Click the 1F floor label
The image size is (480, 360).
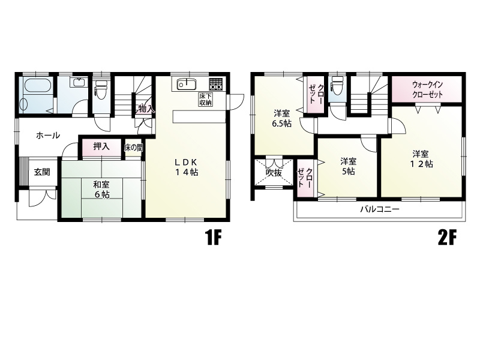click(x=214, y=238)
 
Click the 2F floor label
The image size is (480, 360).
click(x=447, y=238)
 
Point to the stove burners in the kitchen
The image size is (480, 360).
click(x=215, y=84)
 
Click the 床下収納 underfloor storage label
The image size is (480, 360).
click(x=206, y=99)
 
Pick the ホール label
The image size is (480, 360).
click(x=48, y=136)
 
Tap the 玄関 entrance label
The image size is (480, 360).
click(x=42, y=172)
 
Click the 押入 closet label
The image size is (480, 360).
click(x=101, y=146)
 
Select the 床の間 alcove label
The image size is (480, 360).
click(x=133, y=148)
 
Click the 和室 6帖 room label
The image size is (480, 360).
click(x=101, y=190)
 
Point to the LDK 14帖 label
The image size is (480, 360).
click(x=186, y=167)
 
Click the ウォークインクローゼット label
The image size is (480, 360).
click(x=428, y=89)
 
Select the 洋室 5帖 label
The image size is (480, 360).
click(x=349, y=166)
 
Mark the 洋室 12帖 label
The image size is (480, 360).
click(x=421, y=158)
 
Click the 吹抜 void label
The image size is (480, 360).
click(x=274, y=173)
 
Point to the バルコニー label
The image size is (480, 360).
click(x=380, y=209)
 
